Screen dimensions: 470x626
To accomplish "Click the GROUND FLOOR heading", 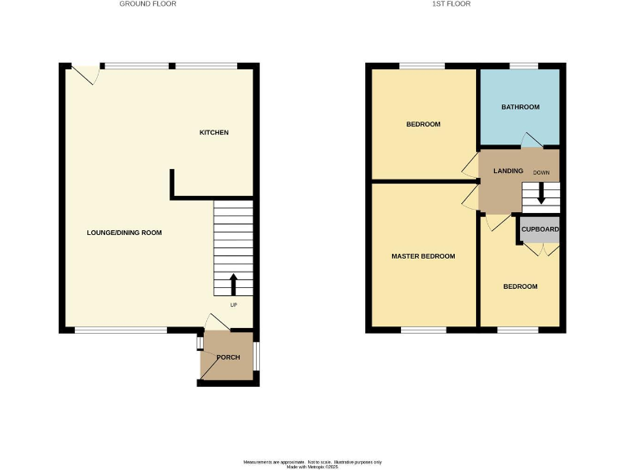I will [x=148, y=4].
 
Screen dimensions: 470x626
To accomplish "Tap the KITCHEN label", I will [x=214, y=132].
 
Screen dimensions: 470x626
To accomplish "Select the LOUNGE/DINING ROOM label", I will [x=124, y=233].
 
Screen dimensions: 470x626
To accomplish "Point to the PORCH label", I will [x=227, y=357].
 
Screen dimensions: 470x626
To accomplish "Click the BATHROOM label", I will [x=520, y=107].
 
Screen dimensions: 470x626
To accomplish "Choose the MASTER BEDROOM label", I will [x=423, y=256].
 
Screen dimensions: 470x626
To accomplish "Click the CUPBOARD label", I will [x=540, y=230].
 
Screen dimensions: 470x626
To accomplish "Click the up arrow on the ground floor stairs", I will [x=233, y=284].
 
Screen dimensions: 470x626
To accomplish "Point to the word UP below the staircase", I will [x=233, y=305].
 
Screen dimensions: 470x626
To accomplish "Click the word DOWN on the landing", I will [x=541, y=173].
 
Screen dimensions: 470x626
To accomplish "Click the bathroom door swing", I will [x=531, y=140].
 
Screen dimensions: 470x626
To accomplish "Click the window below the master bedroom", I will [x=423, y=330].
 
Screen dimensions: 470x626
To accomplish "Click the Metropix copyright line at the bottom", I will [x=312, y=466].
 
